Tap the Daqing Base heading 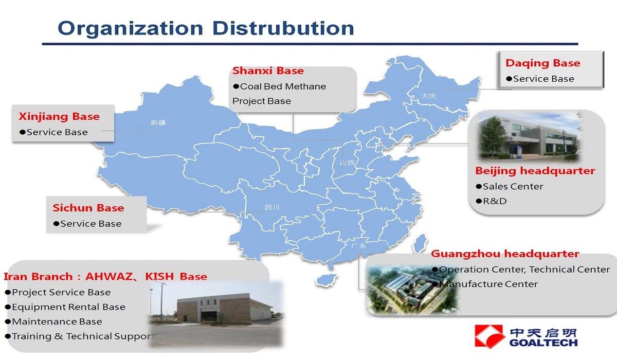(x=543, y=63)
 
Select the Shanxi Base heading (x=268, y=71)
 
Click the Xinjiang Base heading (x=59, y=117)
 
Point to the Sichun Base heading (x=88, y=208)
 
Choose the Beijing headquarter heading (x=535, y=171)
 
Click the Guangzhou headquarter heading (x=505, y=254)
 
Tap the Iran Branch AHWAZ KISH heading (x=105, y=277)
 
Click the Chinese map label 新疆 (x=158, y=122)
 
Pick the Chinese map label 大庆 (x=429, y=96)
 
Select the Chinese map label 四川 (x=272, y=207)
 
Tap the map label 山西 (x=347, y=163)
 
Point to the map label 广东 (x=359, y=246)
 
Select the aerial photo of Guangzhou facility (x=411, y=290)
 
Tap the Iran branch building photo (x=216, y=314)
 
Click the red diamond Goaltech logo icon (x=488, y=336)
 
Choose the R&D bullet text (x=492, y=201)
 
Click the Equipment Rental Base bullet (x=65, y=307)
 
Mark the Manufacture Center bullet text (x=485, y=284)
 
